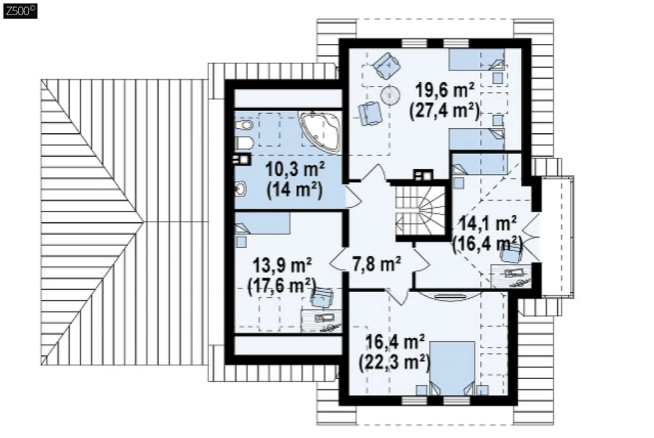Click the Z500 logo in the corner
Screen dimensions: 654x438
(20, 11)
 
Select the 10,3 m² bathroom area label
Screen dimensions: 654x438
(295, 171)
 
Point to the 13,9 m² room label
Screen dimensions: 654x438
(282, 265)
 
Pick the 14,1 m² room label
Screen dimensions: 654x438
(487, 223)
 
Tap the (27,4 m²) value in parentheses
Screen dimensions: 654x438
(444, 111)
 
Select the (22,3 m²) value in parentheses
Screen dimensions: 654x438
(394, 362)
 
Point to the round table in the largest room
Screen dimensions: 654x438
(390, 96)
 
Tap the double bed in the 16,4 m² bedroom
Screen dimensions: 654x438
(452, 368)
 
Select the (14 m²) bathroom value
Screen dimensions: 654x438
(295, 191)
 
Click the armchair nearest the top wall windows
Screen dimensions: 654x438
(387, 65)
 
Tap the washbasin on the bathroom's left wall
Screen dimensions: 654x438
(241, 189)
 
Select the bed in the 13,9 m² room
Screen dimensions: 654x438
(263, 223)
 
